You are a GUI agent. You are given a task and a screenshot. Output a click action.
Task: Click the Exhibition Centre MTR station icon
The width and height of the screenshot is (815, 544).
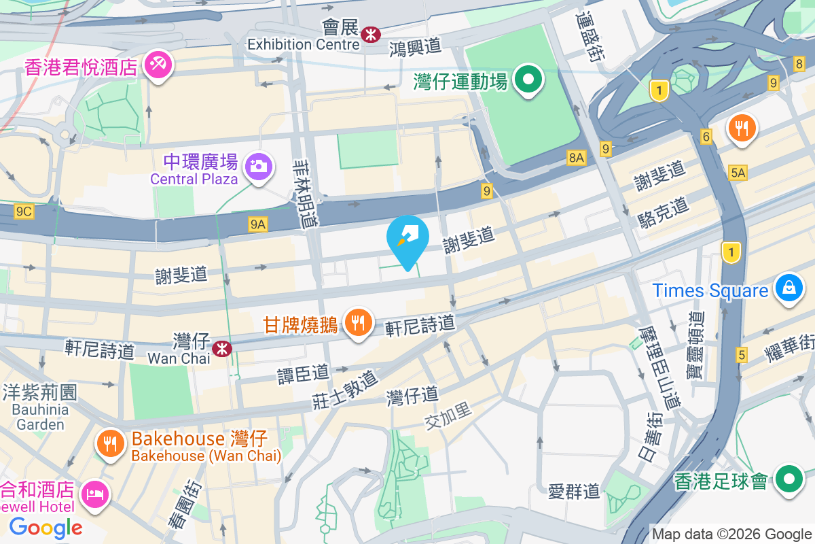tap(371, 33)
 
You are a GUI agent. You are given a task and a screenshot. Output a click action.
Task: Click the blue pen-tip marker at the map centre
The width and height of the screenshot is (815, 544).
tap(407, 239)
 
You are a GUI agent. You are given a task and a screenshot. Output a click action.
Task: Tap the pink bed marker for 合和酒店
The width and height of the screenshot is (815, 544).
tap(92, 493)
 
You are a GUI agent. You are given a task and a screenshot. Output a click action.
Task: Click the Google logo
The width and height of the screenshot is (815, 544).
tap(46, 527)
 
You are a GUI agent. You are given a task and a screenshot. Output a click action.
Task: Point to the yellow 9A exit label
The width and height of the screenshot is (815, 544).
tap(257, 224)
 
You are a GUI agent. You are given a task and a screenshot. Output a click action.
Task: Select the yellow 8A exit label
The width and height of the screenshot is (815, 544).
tap(576, 158)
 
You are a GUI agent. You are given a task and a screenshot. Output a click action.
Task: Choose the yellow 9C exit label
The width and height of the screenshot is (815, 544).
tap(24, 211)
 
